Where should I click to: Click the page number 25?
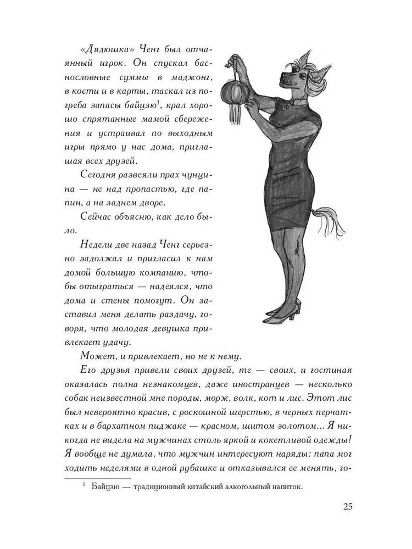coord(347,506)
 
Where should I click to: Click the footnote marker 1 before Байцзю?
coord(85,484)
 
